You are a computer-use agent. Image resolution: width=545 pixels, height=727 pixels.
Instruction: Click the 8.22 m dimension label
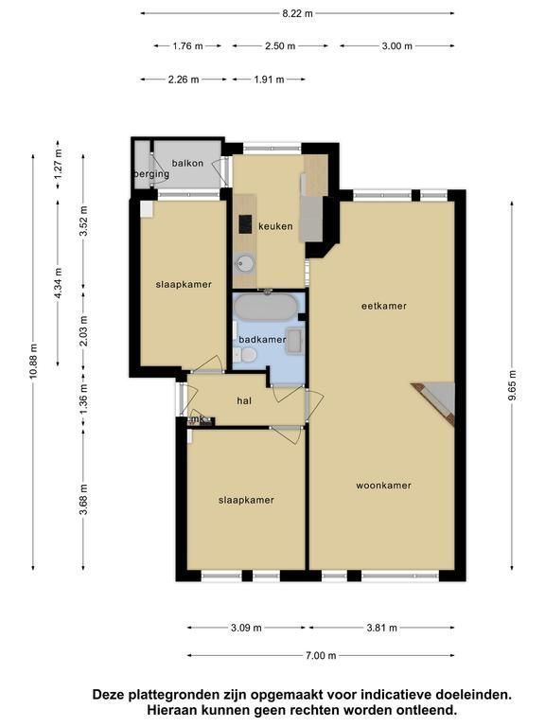tap(297, 13)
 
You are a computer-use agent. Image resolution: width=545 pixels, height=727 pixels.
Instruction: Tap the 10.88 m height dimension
tap(33, 362)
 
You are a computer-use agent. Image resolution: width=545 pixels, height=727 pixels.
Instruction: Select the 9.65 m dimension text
tap(512, 386)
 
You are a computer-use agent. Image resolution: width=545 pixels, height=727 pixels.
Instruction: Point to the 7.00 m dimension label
tap(321, 655)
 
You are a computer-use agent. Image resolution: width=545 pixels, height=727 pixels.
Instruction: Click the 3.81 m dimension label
tap(382, 628)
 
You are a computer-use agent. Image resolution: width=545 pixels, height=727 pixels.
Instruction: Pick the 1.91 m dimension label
tap(269, 80)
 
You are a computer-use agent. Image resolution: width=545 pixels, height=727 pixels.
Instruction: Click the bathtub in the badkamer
tap(266, 307)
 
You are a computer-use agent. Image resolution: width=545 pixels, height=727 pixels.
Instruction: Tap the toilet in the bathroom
tap(246, 356)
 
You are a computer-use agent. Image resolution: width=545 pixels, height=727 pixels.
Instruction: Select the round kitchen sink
tap(245, 263)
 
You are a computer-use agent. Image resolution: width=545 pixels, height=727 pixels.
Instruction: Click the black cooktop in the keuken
tap(245, 224)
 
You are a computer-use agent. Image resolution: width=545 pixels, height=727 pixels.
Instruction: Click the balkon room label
tap(187, 163)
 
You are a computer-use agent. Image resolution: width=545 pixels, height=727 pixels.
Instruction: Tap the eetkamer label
tap(384, 306)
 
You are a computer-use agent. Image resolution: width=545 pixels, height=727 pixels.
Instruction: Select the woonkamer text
tap(384, 486)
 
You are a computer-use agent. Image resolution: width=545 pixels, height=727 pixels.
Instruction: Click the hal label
tap(244, 400)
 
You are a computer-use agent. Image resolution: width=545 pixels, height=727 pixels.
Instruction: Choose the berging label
tap(151, 174)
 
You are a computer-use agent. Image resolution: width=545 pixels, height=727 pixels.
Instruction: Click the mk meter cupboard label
tap(199, 419)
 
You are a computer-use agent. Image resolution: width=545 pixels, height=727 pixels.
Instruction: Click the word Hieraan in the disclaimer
tap(170, 709)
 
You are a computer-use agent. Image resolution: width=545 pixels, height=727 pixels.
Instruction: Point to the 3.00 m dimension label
tap(396, 45)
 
